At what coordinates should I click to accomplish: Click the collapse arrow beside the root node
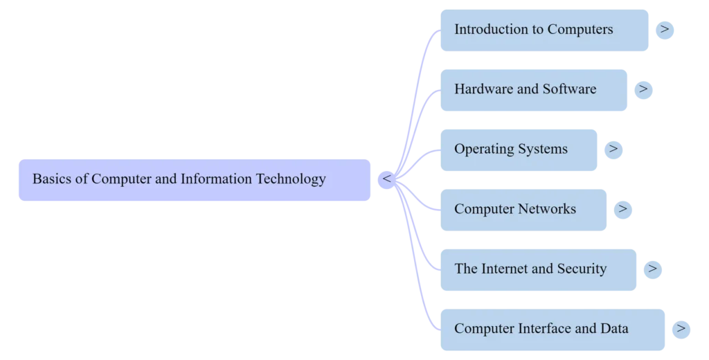click(x=387, y=179)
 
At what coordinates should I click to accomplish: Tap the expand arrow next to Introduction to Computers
click(x=665, y=30)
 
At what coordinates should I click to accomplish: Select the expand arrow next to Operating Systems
click(x=614, y=149)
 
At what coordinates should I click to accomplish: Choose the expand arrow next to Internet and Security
click(x=653, y=269)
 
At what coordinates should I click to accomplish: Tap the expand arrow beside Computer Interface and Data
click(x=681, y=328)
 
